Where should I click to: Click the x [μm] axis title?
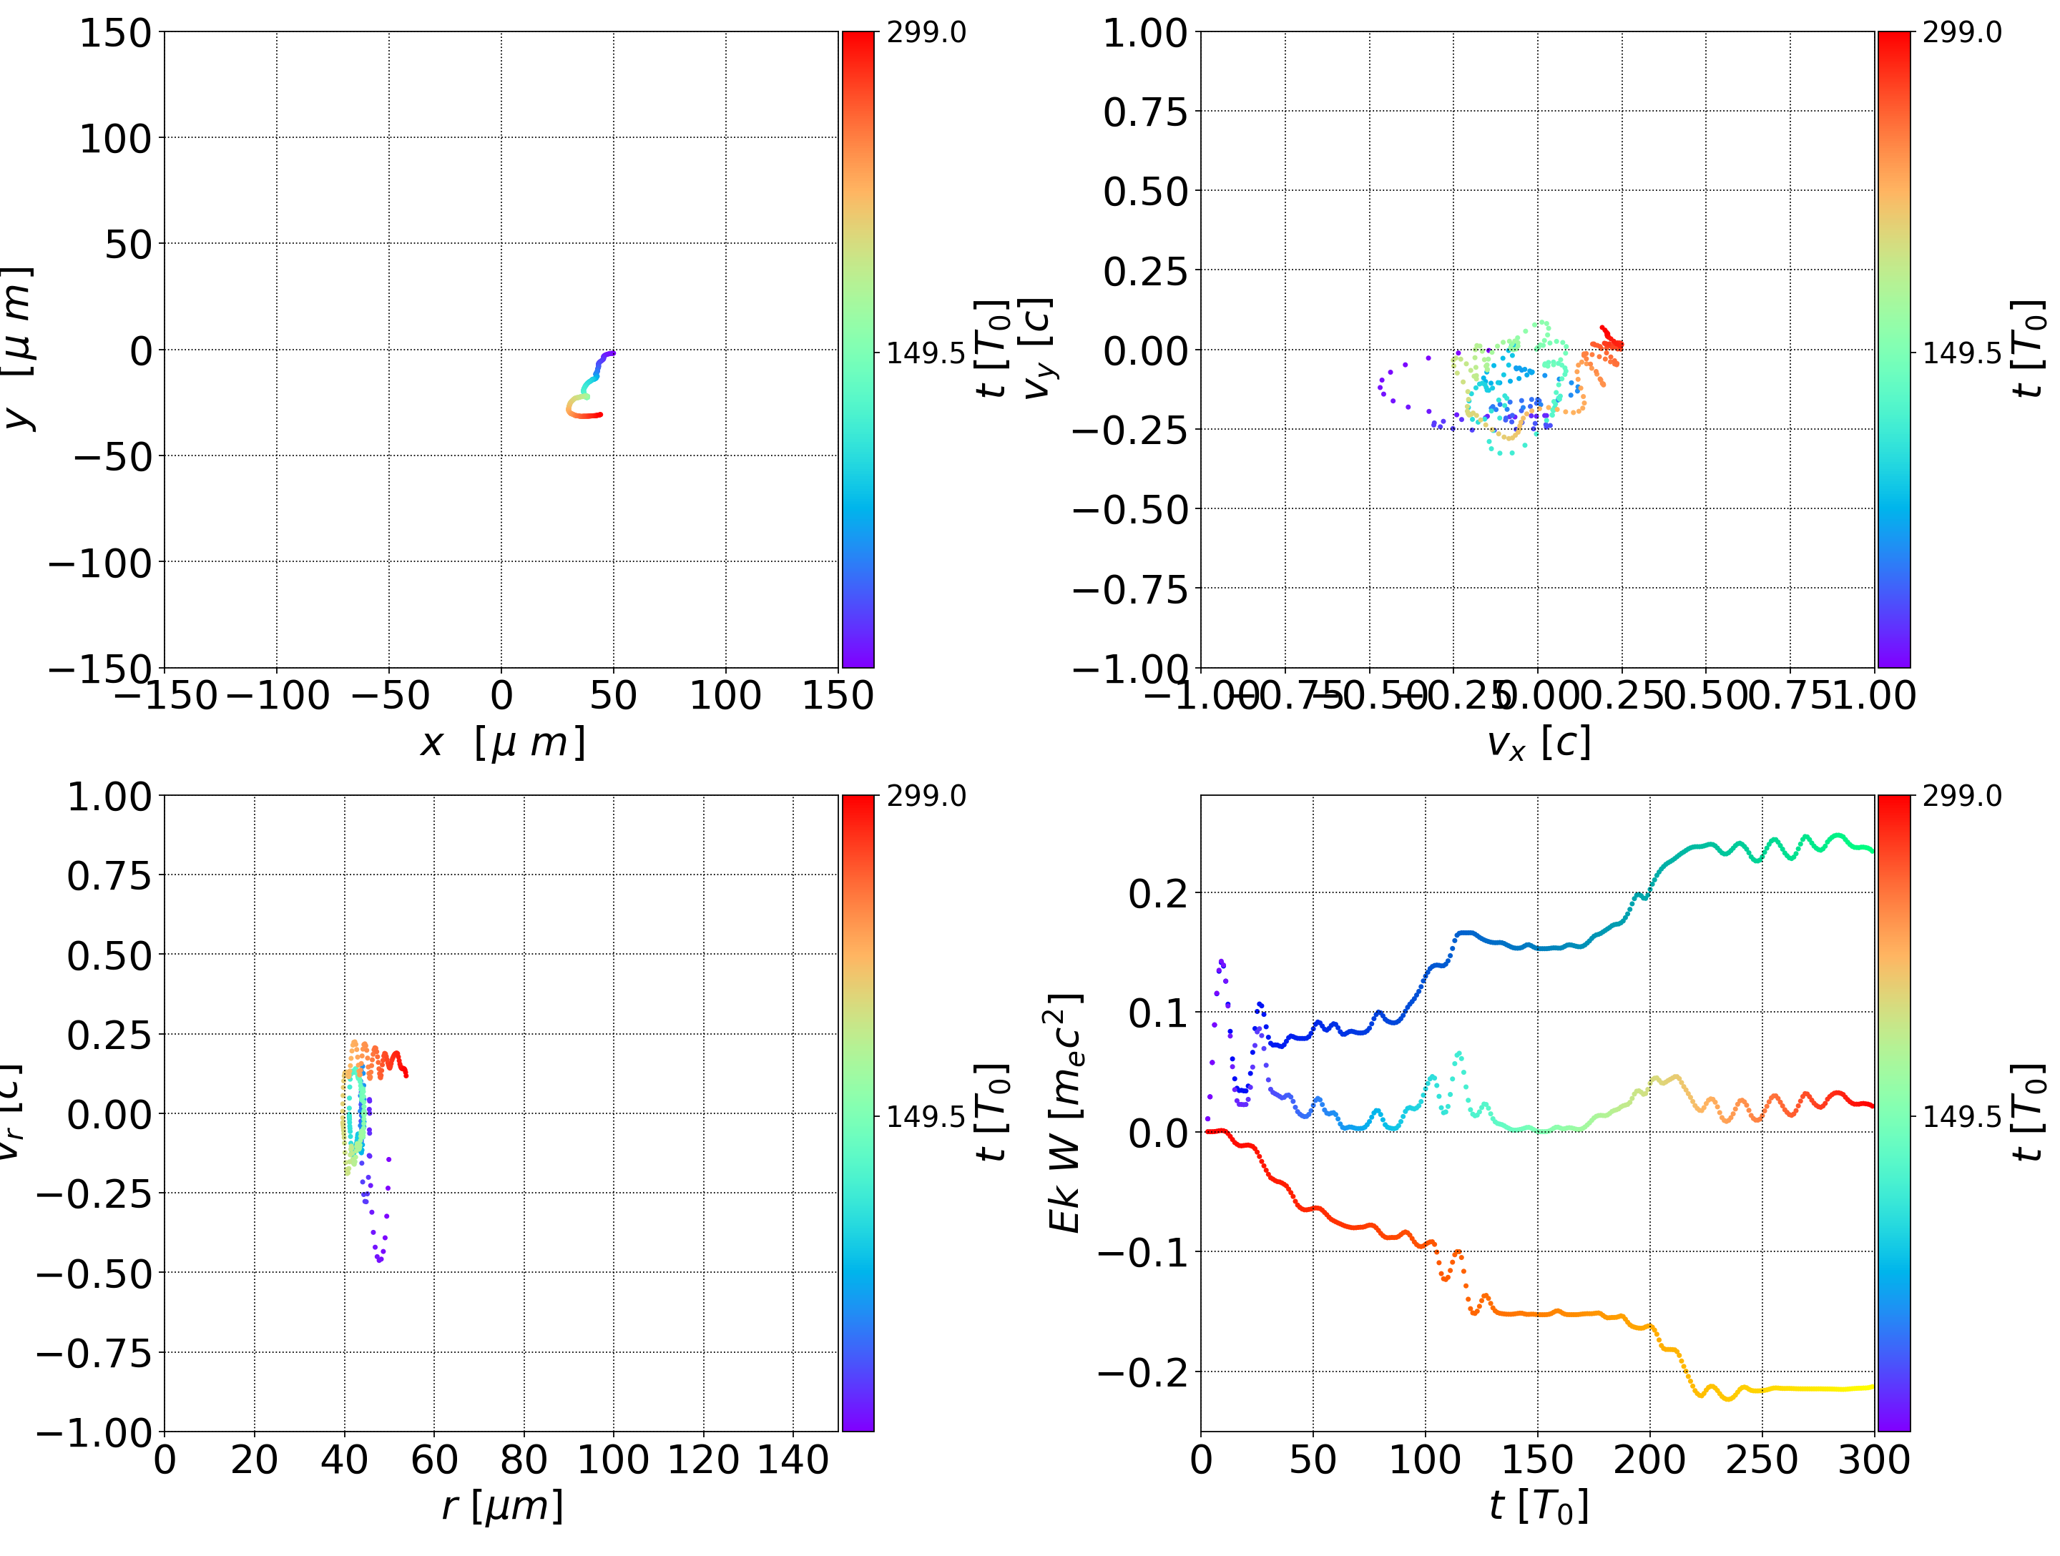(502, 742)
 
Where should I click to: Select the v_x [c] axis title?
(1538, 742)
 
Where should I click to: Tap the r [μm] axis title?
(502, 1506)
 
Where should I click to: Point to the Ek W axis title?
(1064, 1113)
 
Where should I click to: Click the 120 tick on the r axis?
(703, 1459)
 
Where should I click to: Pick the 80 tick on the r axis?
(524, 1459)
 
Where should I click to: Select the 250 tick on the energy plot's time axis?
(1762, 1459)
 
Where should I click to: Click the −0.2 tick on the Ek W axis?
(1143, 1372)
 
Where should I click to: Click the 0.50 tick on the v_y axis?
(1145, 192)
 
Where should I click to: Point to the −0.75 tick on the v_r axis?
(93, 1353)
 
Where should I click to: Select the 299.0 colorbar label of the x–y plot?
(926, 33)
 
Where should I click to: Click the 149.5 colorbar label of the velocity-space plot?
(1961, 353)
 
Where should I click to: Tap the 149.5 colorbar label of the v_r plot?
(926, 1116)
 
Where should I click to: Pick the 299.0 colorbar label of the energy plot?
(1961, 796)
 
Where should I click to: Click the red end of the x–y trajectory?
(601, 414)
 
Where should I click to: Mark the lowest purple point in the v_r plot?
(380, 1261)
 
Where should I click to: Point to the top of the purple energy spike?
(1221, 961)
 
